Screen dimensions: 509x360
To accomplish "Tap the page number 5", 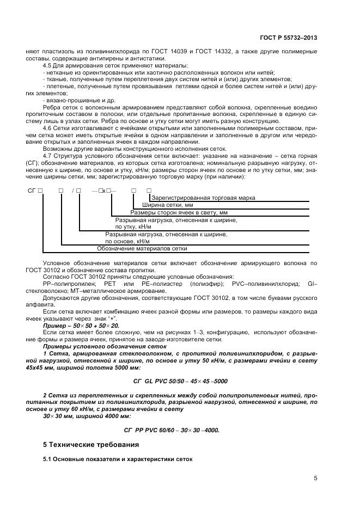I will pyautogui.click(x=315, y=478).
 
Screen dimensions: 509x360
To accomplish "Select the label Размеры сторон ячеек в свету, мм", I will pyautogui.click(x=179, y=212).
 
